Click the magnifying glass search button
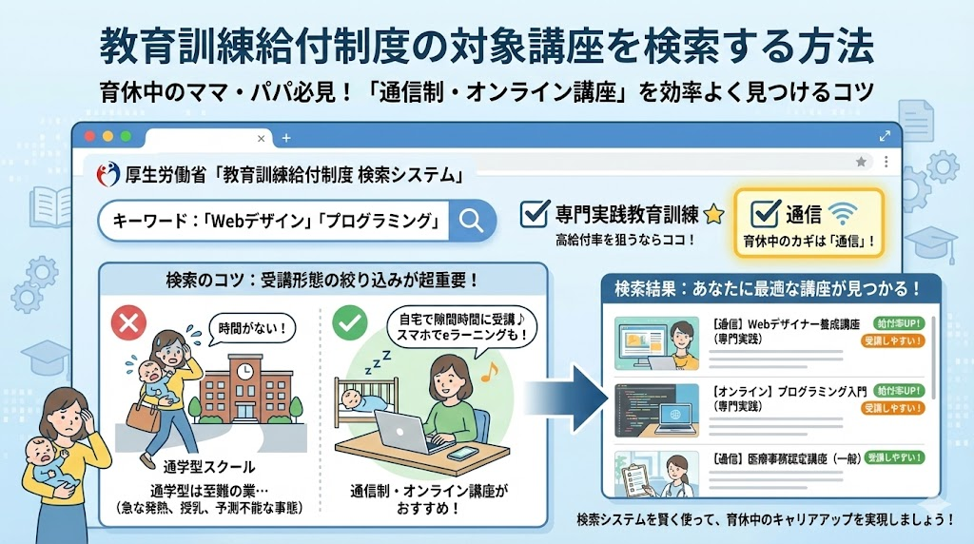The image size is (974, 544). (471, 220)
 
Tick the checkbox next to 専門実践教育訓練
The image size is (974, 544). (535, 214)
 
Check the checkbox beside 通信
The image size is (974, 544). (764, 214)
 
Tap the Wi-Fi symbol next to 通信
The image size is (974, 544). (844, 214)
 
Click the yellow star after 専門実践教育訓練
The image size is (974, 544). (713, 214)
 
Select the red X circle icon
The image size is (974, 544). (128, 323)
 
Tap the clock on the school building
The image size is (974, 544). (245, 371)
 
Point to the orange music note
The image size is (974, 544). (490, 371)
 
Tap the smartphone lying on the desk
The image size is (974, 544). (462, 454)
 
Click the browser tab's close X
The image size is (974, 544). (261, 139)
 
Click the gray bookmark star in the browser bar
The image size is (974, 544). (861, 162)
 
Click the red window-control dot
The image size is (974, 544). (90, 136)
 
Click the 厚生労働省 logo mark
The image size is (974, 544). (107, 174)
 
